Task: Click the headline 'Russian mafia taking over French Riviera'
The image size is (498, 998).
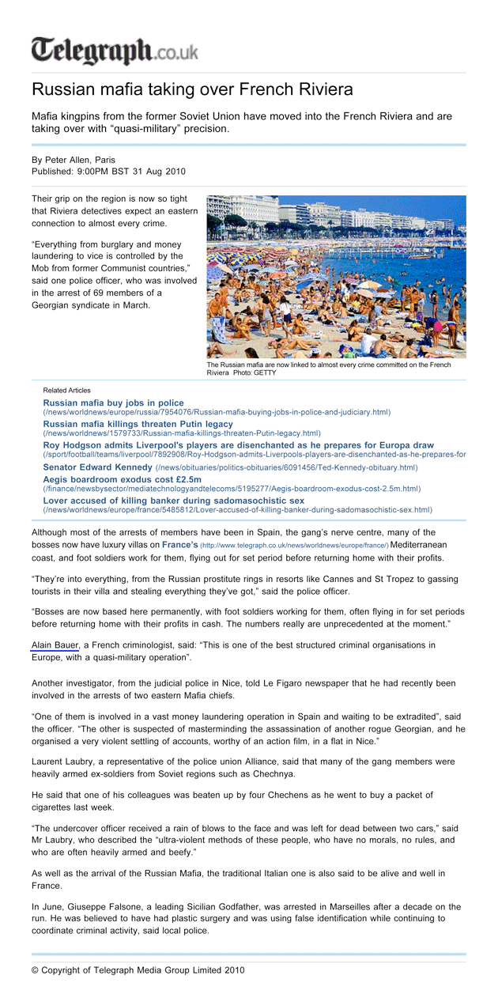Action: coord(192,89)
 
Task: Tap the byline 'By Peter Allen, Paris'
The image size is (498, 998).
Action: coord(74,160)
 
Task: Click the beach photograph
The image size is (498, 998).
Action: coord(336,277)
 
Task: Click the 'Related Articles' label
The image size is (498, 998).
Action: coord(66,390)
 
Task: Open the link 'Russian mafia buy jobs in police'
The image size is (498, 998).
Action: coord(113,403)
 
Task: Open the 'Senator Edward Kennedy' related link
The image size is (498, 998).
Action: coord(97,467)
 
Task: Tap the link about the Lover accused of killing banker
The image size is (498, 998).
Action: coord(173,501)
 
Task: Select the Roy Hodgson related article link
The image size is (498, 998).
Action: coord(238,446)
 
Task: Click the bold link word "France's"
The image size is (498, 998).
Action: coord(180,545)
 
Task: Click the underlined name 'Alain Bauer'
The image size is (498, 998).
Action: coord(55,645)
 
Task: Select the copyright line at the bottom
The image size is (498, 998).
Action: coord(138,970)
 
